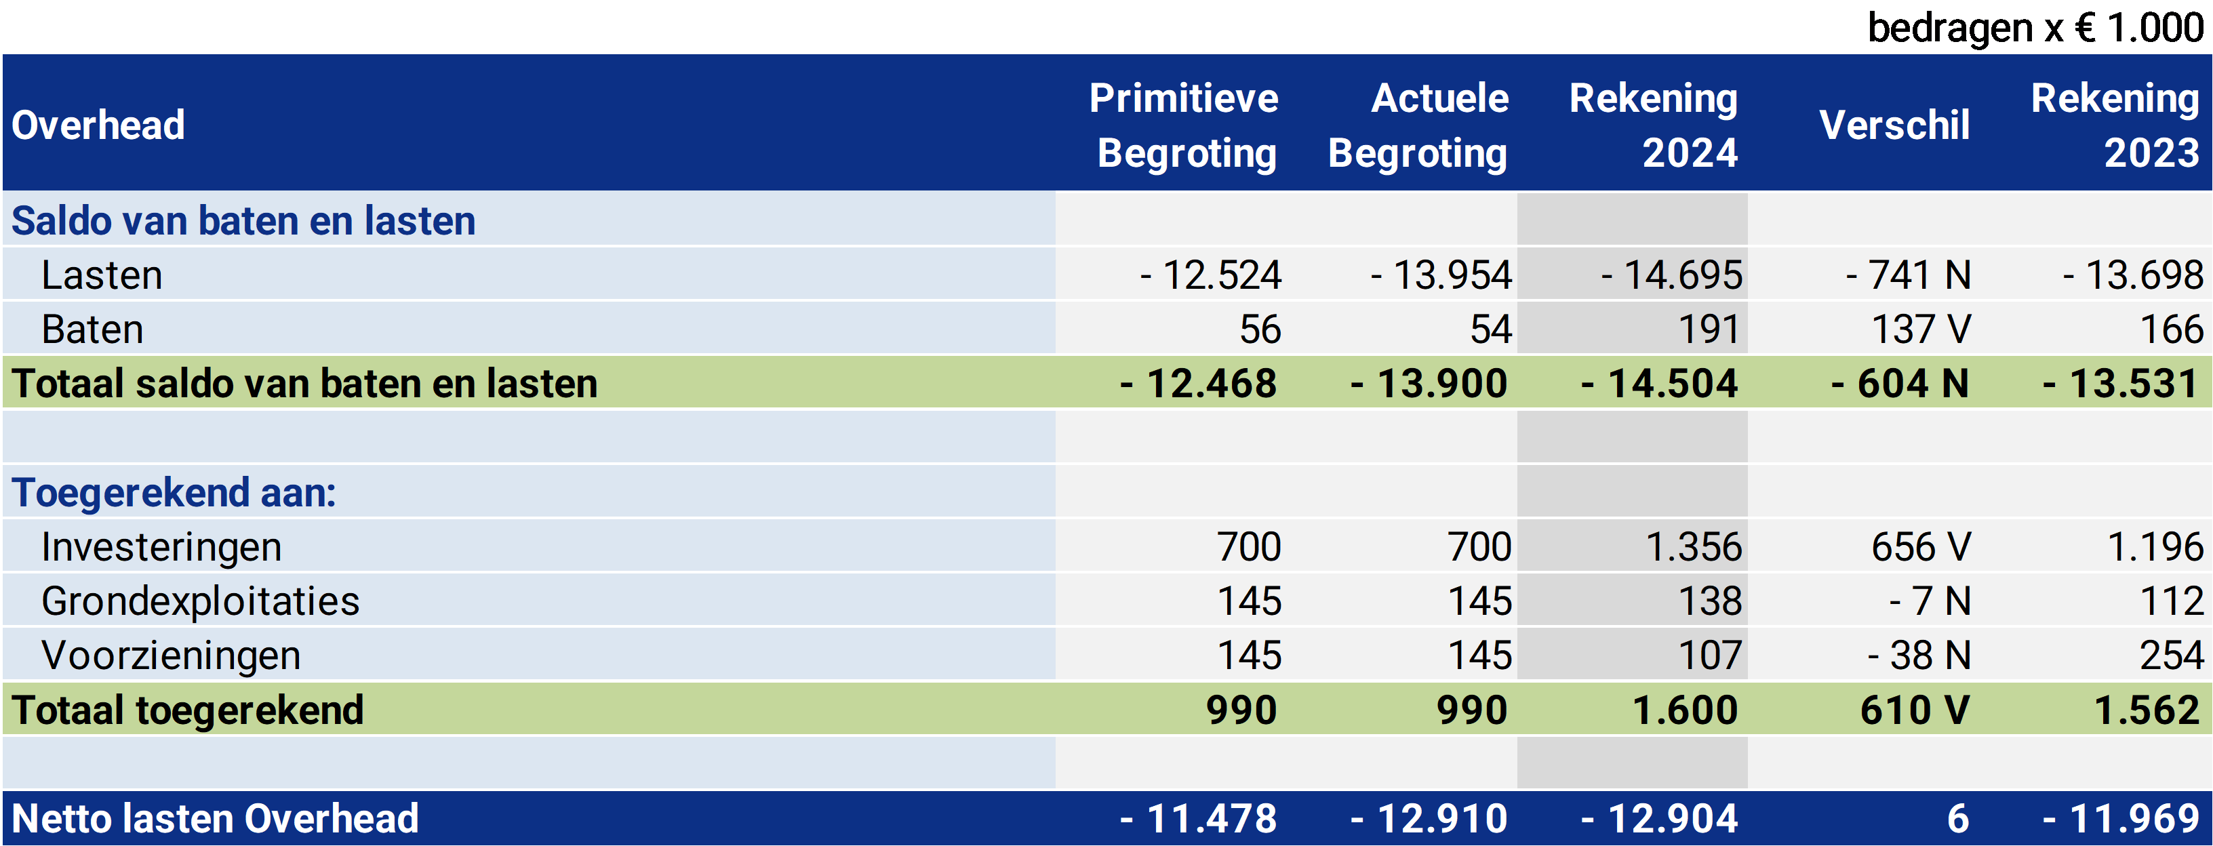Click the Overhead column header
pos(98,125)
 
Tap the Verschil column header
pos(1894,125)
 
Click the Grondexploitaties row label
pos(200,601)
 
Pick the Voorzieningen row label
pos(171,656)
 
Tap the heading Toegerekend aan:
pos(174,493)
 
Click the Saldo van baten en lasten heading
pos(243,221)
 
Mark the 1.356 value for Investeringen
pos(1692,547)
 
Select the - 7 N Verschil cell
pos(1929,601)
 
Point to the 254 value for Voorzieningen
pos(2171,656)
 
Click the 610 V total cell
pos(1914,710)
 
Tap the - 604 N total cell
pos(1900,384)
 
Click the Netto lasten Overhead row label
pos(215,818)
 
